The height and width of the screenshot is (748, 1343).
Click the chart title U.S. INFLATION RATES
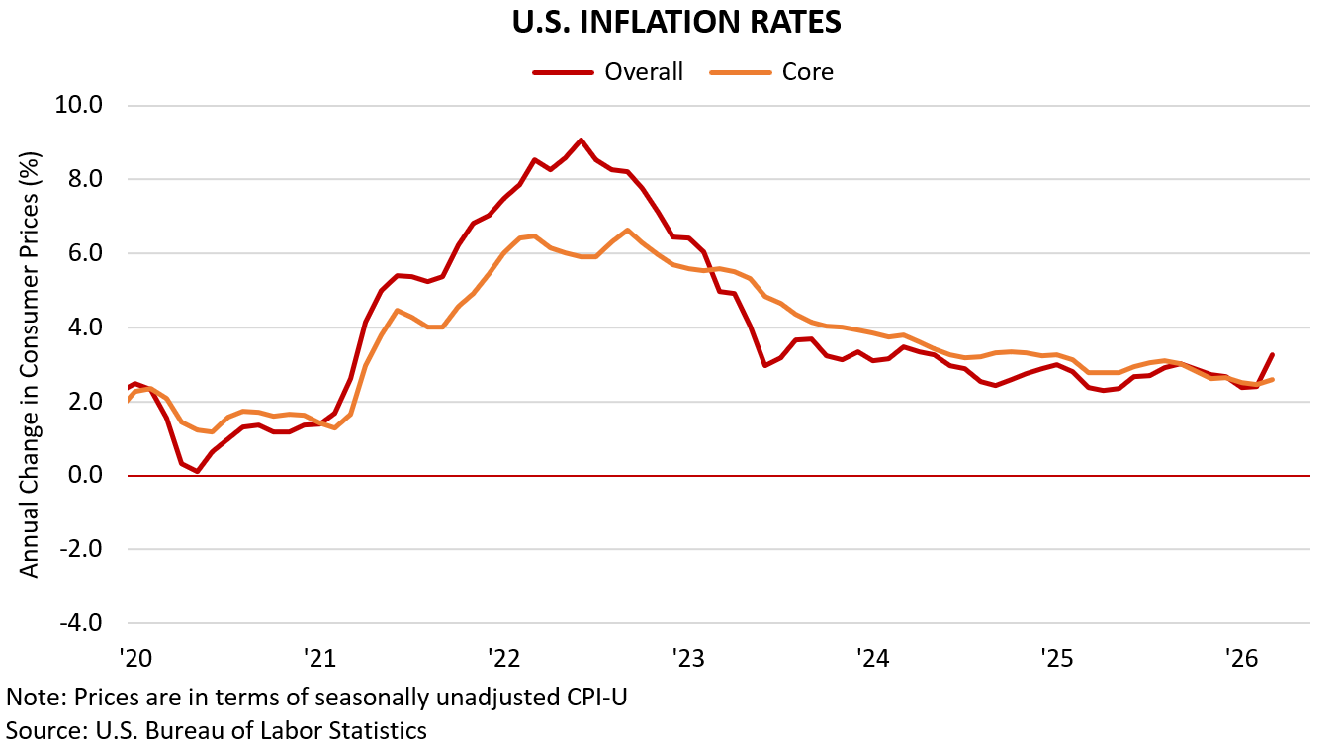tap(677, 24)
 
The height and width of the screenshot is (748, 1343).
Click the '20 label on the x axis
tap(134, 657)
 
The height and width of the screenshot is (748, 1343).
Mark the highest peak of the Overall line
tap(581, 140)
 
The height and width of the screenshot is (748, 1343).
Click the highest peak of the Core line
tap(627, 231)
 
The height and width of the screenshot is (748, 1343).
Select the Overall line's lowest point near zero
tap(198, 472)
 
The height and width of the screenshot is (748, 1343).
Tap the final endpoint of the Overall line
tap(1272, 354)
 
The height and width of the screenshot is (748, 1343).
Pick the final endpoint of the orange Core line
tap(1272, 379)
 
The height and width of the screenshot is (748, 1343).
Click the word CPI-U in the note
tap(592, 697)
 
